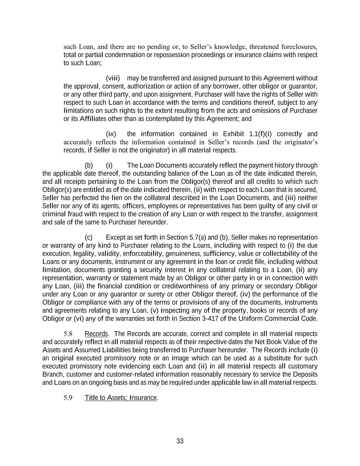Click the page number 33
tap(180, 441)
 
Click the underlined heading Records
tap(96, 334)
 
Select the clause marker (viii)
tap(113, 78)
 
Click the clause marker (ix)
tap(111, 134)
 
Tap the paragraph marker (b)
tap(89, 165)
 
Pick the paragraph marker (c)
tap(89, 237)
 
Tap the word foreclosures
tap(299, 47)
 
